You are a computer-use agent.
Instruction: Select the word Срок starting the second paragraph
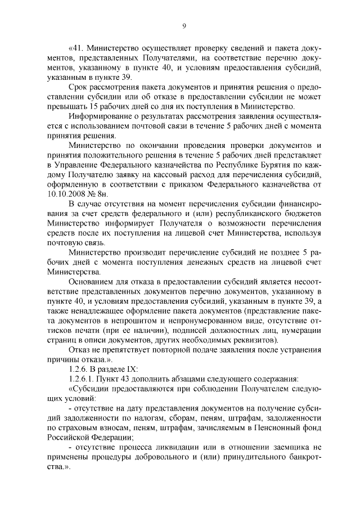(x=79, y=88)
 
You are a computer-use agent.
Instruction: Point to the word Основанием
(x=93, y=281)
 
